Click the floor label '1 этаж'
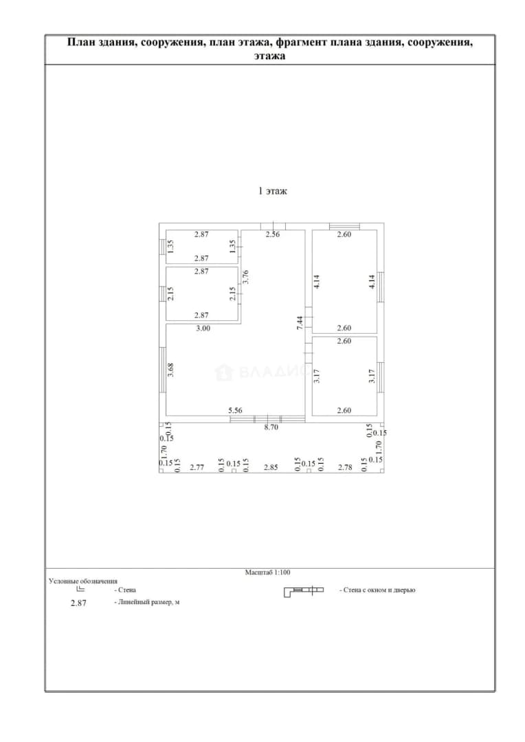[x=272, y=191]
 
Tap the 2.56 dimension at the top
[x=273, y=234]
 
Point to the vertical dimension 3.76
[x=245, y=277]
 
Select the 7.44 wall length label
[x=300, y=323]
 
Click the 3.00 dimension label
[x=203, y=328]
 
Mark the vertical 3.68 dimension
[x=171, y=370]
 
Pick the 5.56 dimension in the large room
[x=235, y=410]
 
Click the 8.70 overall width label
[x=271, y=427]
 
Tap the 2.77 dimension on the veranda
[x=197, y=467]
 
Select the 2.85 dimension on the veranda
[x=271, y=467]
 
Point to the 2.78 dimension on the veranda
[x=345, y=467]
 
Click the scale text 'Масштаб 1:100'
[x=267, y=572]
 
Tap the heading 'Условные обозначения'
[x=83, y=581]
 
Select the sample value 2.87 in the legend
[x=78, y=603]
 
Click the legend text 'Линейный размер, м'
[x=148, y=603]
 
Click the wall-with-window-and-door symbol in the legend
[x=304, y=591]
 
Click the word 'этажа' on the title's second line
[x=269, y=56]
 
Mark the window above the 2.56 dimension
[x=273, y=226]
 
